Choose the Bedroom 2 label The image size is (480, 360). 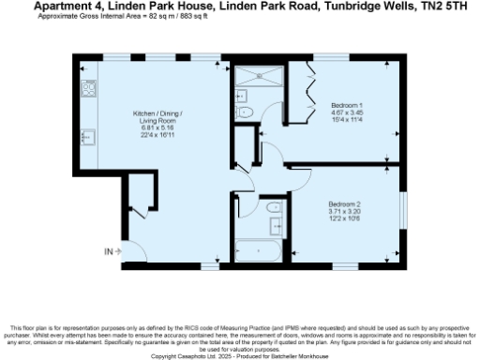[344, 204]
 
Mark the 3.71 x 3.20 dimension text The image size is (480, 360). [344, 212]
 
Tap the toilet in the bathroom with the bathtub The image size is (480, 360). [272, 208]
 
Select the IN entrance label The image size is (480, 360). [109, 251]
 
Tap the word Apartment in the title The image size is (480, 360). [59, 7]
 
